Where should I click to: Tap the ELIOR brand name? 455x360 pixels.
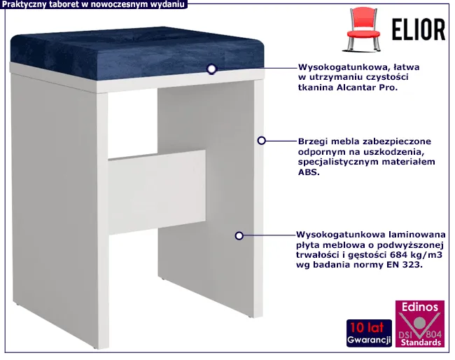418,29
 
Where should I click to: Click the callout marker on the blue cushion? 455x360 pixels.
211,69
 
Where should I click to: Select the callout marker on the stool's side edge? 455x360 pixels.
262,141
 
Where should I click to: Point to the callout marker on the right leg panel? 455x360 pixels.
239,235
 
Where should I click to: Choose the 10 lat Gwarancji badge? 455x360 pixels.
369,333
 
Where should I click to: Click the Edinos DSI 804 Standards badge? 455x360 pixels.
420,324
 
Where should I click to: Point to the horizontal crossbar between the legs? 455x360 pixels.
157,192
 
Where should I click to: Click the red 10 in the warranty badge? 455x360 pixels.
356,328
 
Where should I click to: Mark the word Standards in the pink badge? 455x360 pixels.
421,342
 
